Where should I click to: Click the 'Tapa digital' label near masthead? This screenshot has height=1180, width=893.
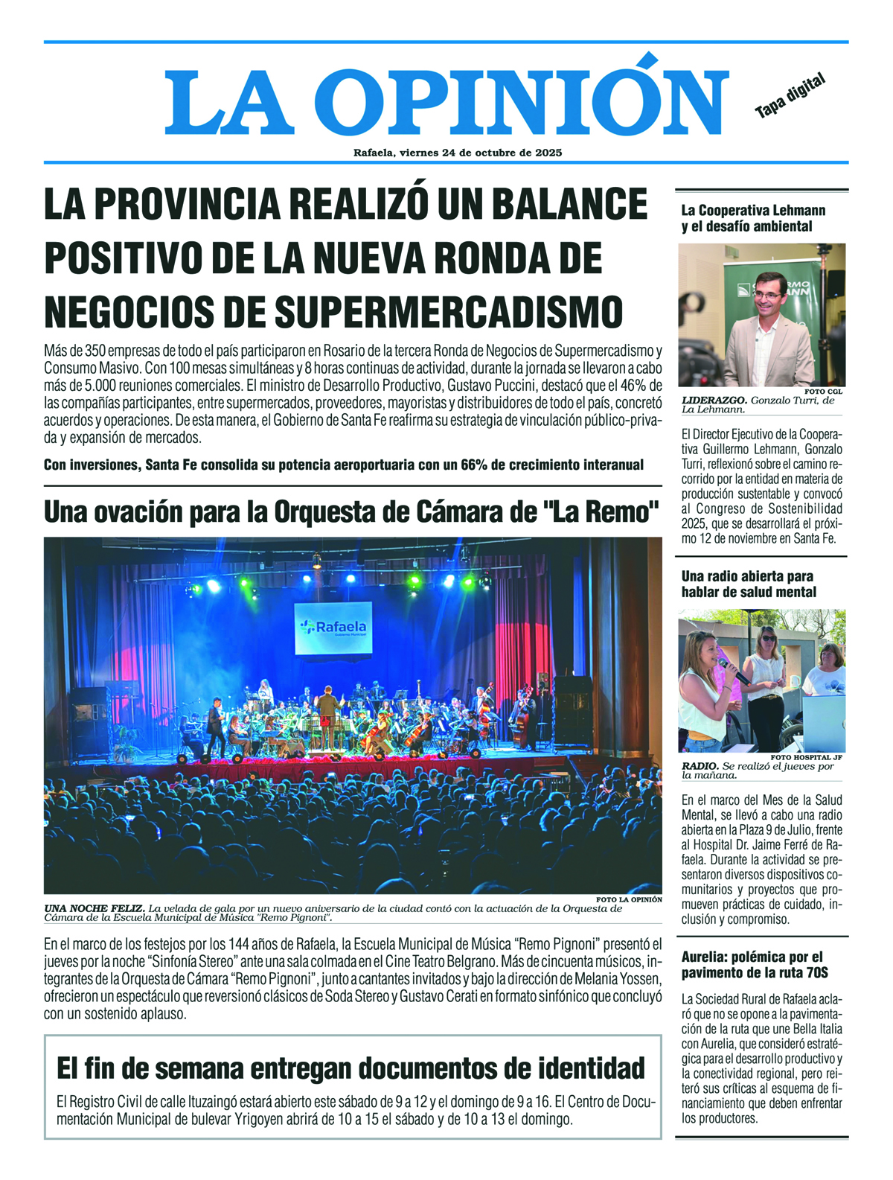(790, 97)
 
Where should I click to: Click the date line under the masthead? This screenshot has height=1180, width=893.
(457, 153)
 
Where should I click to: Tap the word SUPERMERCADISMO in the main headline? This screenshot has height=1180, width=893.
(449, 311)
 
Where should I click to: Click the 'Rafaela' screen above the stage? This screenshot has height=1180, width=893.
(334, 628)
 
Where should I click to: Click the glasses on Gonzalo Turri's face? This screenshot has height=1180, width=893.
(768, 295)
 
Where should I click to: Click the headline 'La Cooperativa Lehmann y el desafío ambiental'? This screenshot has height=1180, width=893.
(753, 218)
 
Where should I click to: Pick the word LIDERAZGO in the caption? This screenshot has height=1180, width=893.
(714, 401)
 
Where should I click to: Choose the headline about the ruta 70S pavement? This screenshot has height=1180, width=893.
(753, 965)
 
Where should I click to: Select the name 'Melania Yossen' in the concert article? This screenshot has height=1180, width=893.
(618, 978)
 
